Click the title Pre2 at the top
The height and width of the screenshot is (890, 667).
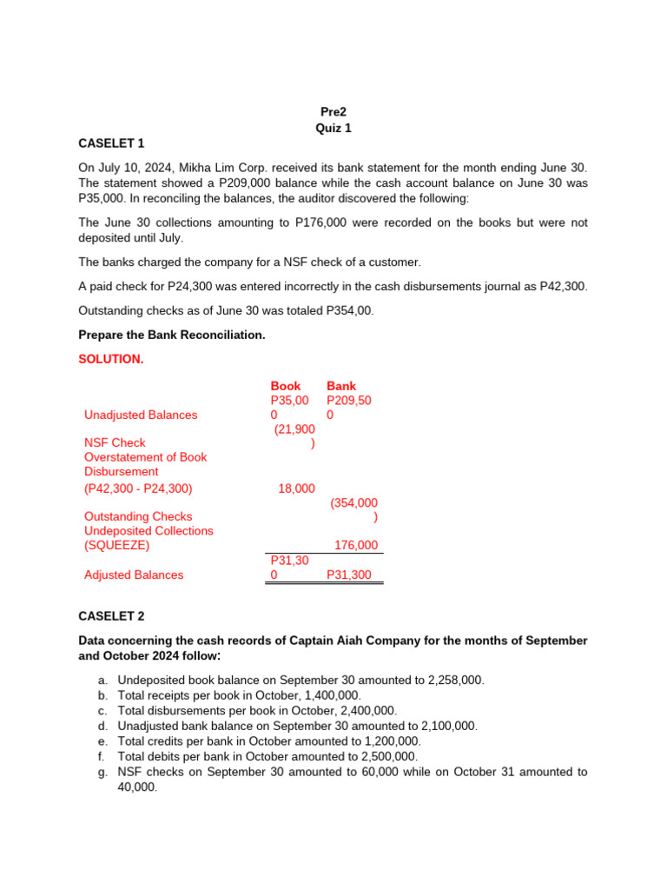click(x=333, y=112)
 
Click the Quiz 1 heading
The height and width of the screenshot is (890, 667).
click(x=333, y=128)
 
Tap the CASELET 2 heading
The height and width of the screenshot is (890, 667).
click(x=112, y=616)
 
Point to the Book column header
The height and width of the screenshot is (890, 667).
click(x=286, y=386)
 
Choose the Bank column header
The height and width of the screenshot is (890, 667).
click(x=341, y=386)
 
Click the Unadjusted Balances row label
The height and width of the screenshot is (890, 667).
click(x=141, y=415)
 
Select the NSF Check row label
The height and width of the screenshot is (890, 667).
click(x=115, y=442)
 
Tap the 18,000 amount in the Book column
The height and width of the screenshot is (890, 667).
click(x=296, y=488)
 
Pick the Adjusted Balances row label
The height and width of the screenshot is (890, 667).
click(x=134, y=575)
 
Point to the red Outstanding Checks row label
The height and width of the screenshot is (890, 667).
click(x=138, y=516)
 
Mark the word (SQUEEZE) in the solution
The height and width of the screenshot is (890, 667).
click(x=117, y=545)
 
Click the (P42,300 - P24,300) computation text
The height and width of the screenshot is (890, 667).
click(x=139, y=488)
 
